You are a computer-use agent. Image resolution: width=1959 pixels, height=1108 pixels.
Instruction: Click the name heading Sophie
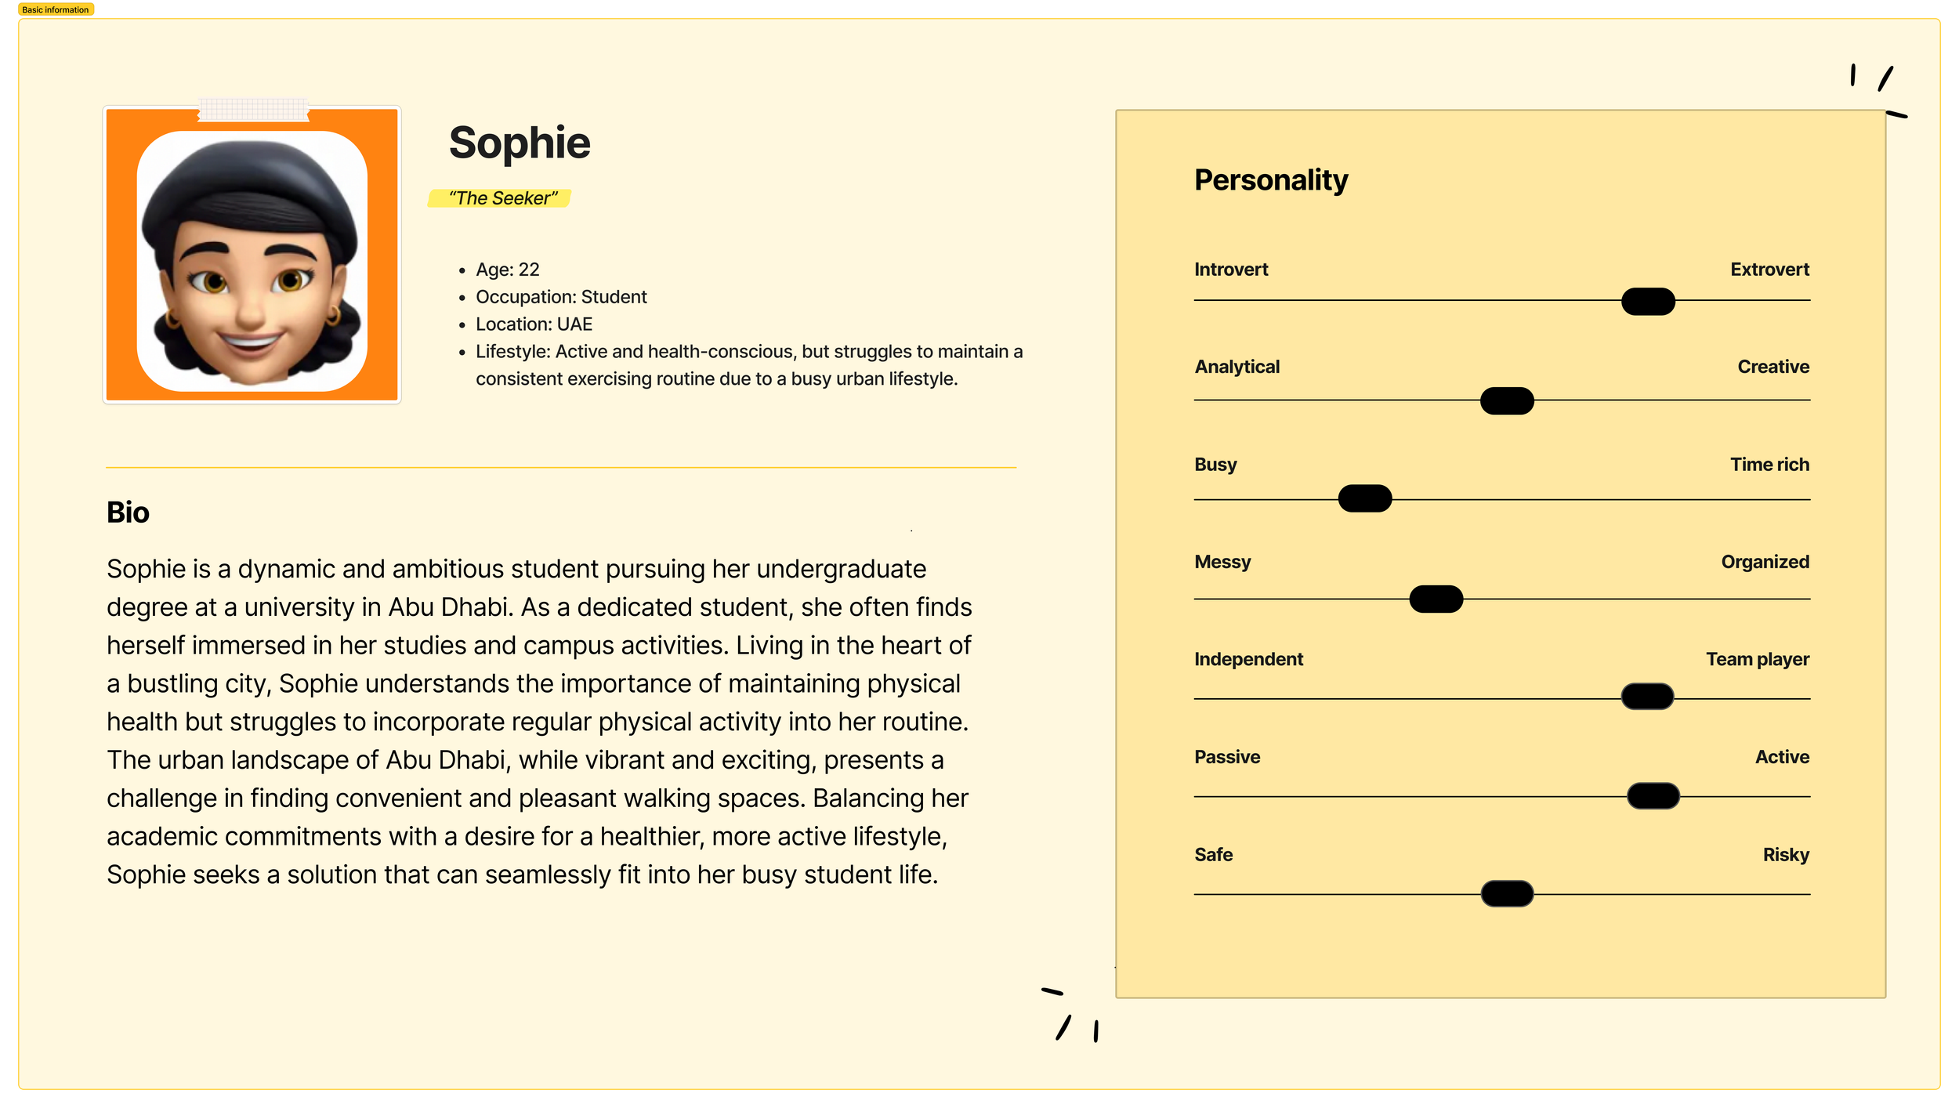[x=520, y=143]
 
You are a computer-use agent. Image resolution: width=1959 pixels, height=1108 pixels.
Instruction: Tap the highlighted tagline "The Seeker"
[x=502, y=198]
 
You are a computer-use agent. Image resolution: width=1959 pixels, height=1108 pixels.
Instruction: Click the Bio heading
[x=128, y=512]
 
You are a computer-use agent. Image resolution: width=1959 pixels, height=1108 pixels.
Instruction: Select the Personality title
[x=1271, y=180]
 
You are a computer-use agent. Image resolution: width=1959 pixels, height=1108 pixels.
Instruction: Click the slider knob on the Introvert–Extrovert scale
[x=1648, y=302]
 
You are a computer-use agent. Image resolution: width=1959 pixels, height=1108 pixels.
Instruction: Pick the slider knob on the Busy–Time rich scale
[x=1365, y=498]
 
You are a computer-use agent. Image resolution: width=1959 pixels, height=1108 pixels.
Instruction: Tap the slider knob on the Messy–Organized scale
[x=1436, y=599]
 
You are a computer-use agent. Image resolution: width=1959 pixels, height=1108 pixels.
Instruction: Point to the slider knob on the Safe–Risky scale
[x=1507, y=893]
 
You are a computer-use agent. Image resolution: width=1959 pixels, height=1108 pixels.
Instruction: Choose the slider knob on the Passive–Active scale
[x=1653, y=796]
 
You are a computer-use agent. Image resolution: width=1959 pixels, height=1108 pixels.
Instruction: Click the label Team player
[x=1758, y=660]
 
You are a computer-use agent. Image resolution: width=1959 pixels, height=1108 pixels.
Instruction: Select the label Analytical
[x=1237, y=367]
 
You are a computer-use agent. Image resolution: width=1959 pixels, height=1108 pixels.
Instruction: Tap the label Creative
[x=1773, y=367]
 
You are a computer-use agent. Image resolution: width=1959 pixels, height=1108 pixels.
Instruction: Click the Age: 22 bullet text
[x=508, y=270]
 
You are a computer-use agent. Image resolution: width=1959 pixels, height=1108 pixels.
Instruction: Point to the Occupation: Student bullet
[x=561, y=297]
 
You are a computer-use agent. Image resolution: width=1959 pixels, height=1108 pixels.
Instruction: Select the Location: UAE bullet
[x=534, y=324]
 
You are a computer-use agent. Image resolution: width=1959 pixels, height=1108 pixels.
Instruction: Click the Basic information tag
[x=56, y=9]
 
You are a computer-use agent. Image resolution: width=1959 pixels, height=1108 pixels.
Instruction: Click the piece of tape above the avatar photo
[x=253, y=109]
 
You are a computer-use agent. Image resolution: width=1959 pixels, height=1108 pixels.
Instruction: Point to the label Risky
[x=1786, y=855]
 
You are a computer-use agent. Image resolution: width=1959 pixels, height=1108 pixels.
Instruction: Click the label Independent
[x=1248, y=660]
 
